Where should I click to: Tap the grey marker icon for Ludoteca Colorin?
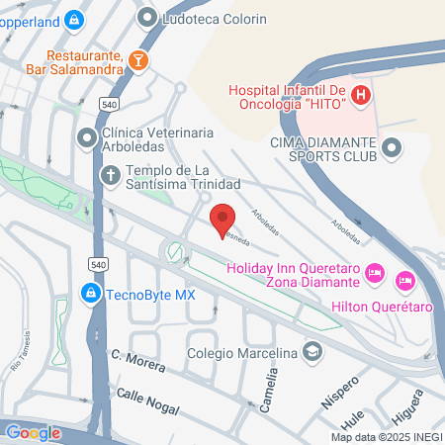click(x=148, y=19)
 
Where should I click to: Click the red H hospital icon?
click(x=361, y=95)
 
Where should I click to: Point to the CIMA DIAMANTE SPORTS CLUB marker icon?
click(x=393, y=148)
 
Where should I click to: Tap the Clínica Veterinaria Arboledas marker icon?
click(x=87, y=133)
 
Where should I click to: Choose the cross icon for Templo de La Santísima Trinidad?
click(x=111, y=177)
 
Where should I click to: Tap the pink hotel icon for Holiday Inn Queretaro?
click(x=375, y=270)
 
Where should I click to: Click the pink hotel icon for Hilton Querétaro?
click(x=404, y=282)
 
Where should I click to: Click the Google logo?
click(x=33, y=432)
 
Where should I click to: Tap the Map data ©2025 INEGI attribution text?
click(x=385, y=437)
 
